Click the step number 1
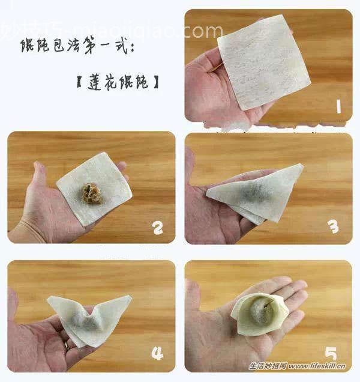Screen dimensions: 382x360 click(338, 107)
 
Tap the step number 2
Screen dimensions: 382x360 click(158, 228)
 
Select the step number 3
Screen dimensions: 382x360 click(334, 226)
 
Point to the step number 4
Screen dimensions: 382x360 click(158, 354)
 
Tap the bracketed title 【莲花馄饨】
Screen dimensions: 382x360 click(114, 79)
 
